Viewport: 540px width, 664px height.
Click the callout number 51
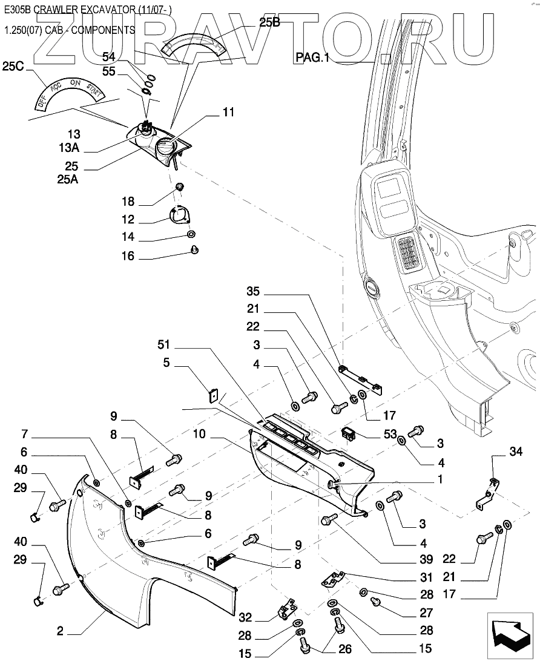[164, 345]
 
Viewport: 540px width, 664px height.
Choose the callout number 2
[60, 631]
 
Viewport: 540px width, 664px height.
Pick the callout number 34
[515, 452]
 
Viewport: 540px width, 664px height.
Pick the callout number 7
[25, 434]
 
